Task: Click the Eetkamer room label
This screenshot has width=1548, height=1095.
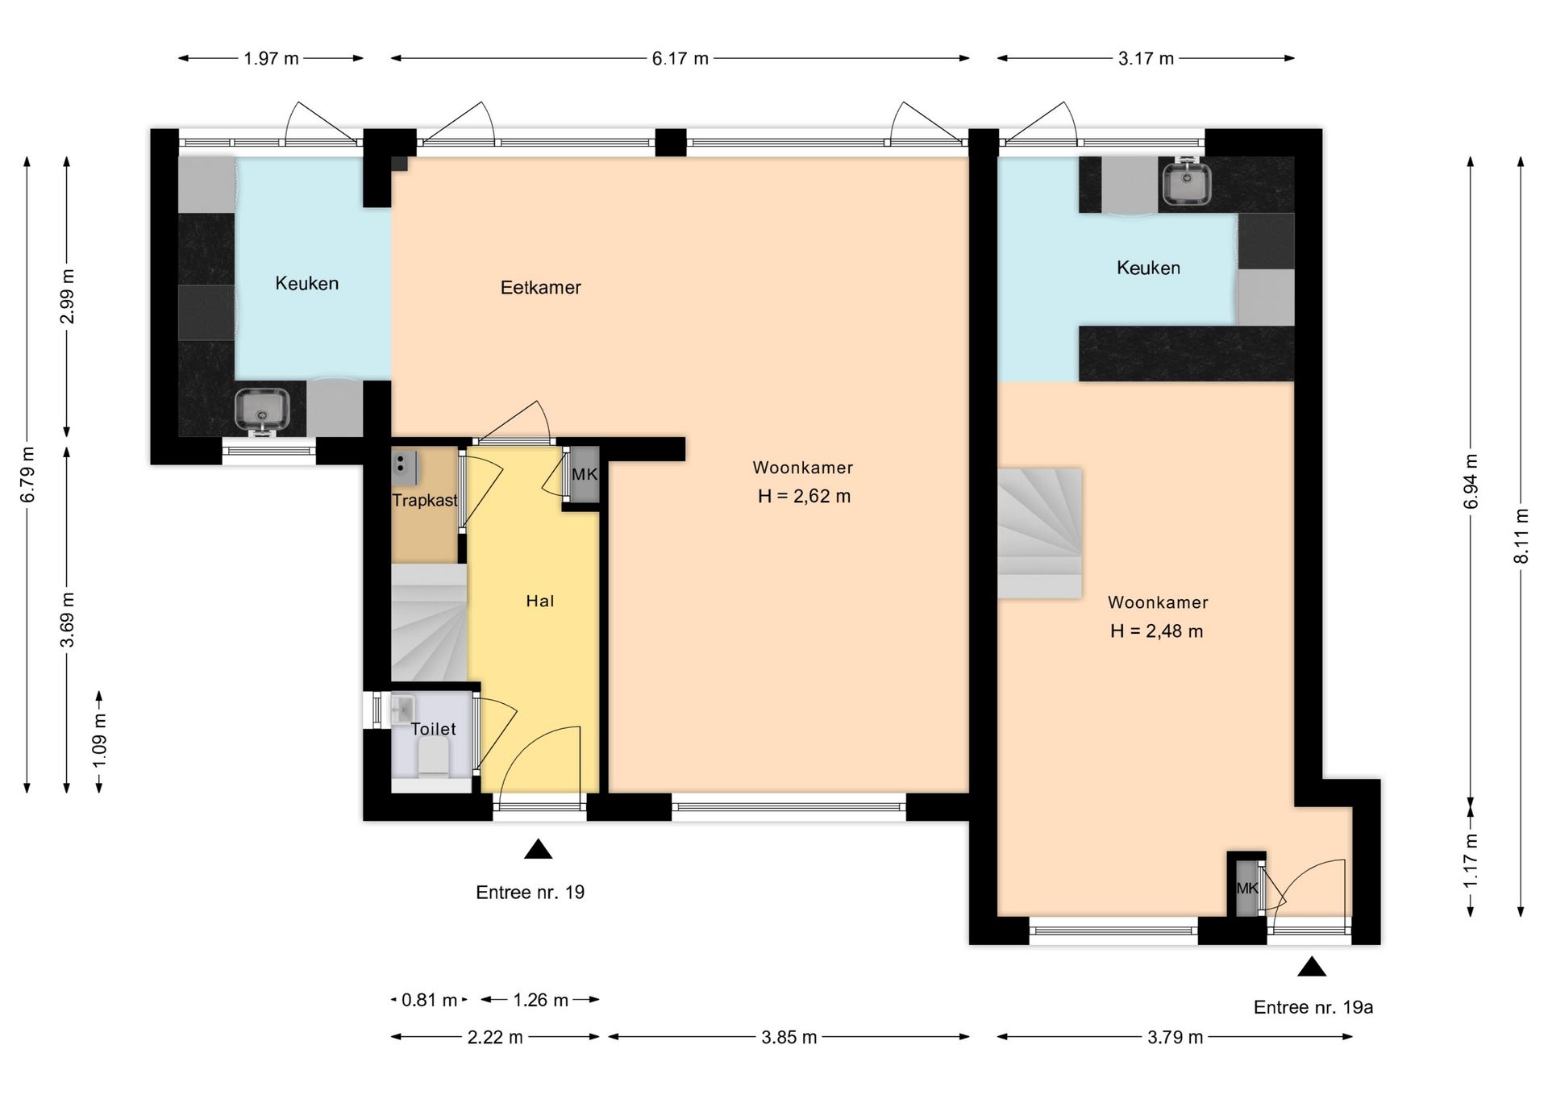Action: (540, 288)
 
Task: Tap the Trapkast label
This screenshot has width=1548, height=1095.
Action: (424, 501)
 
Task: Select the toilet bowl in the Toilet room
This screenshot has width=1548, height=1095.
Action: (434, 758)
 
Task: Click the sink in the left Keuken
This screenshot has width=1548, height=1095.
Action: (261, 409)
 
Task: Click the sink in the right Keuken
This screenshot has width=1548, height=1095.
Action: (1186, 184)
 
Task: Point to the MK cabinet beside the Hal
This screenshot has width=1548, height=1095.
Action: (585, 475)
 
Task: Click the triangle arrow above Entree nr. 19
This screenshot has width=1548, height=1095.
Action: (538, 850)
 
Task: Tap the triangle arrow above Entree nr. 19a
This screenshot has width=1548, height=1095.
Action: (1312, 967)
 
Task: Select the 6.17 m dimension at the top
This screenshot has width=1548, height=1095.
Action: (680, 59)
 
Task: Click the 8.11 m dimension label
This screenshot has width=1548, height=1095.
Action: (1521, 536)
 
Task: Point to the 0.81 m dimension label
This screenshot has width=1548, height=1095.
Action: (429, 1001)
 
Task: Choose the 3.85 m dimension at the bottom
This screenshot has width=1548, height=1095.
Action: (789, 1038)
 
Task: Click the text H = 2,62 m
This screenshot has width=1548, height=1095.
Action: (804, 497)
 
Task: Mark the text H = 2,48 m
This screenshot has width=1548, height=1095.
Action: (1156, 631)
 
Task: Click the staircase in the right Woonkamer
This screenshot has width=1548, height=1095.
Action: (1039, 533)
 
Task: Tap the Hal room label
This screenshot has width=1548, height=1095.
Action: (539, 601)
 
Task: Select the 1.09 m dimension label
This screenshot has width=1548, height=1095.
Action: (99, 742)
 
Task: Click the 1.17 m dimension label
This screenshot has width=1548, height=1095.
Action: (1471, 860)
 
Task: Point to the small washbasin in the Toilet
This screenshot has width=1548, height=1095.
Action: (402, 710)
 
